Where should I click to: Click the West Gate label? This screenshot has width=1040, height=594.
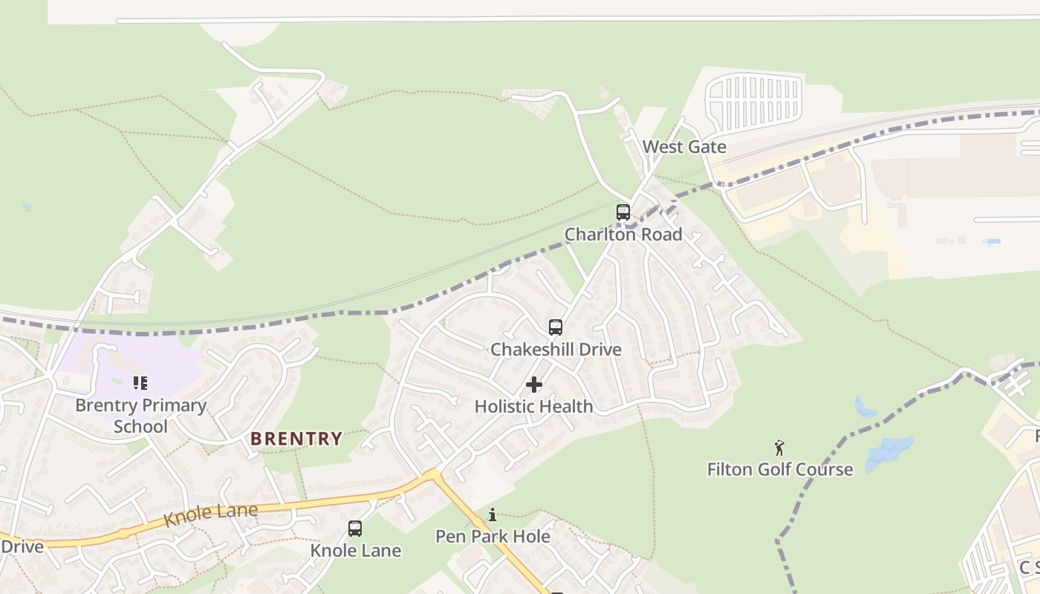(684, 147)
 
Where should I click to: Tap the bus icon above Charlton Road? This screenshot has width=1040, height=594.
(623, 212)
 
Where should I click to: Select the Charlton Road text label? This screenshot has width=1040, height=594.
(623, 235)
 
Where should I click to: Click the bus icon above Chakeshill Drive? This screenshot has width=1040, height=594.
(556, 327)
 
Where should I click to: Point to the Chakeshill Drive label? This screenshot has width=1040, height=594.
(556, 349)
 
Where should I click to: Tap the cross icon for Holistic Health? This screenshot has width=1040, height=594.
(533, 385)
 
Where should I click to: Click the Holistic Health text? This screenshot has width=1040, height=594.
(533, 406)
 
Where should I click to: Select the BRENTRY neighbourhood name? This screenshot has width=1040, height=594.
(296, 439)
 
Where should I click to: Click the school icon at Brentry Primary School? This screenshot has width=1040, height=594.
(140, 383)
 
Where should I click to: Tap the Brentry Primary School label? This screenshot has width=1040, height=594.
(140, 416)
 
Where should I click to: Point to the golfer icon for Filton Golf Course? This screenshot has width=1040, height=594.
(779, 448)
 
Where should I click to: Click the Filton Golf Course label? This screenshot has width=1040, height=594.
(780, 469)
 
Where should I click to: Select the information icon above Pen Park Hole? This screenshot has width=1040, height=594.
(493, 515)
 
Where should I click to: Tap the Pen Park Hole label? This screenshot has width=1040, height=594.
(493, 536)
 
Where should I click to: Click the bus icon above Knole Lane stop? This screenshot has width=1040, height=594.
(355, 529)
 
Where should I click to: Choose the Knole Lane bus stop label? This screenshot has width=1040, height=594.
(355, 551)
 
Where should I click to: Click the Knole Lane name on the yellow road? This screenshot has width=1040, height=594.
(210, 514)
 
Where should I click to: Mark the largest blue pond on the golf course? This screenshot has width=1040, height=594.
(888, 451)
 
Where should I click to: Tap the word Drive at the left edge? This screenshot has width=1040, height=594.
(22, 546)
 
